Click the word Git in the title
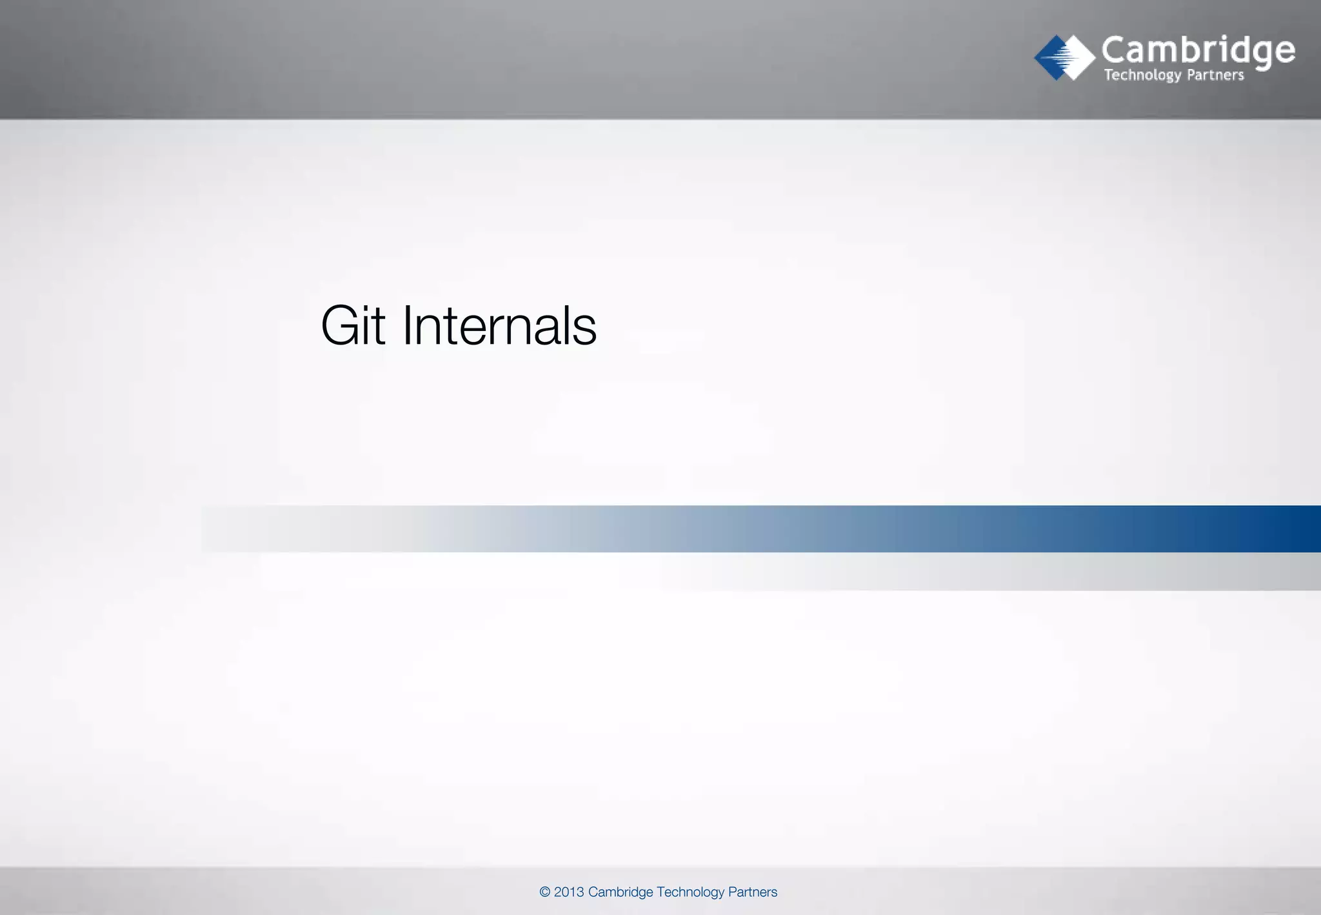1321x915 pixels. (x=353, y=326)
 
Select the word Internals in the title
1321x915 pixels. (x=499, y=326)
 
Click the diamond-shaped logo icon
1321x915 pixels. (x=1064, y=57)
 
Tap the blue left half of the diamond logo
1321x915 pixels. (x=1049, y=57)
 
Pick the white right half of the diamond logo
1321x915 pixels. (x=1080, y=57)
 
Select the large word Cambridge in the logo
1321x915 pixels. (x=1198, y=50)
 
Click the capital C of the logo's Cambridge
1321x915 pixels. (x=1114, y=50)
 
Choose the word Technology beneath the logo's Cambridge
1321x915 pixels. (x=1142, y=75)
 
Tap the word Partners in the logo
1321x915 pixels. (x=1215, y=75)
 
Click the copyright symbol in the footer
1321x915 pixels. (x=545, y=892)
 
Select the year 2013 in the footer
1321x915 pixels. (x=569, y=892)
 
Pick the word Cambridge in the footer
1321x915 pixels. (x=621, y=892)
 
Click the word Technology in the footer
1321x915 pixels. (x=691, y=892)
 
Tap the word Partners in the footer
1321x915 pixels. (x=753, y=892)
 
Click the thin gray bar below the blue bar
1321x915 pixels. (x=1097, y=572)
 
